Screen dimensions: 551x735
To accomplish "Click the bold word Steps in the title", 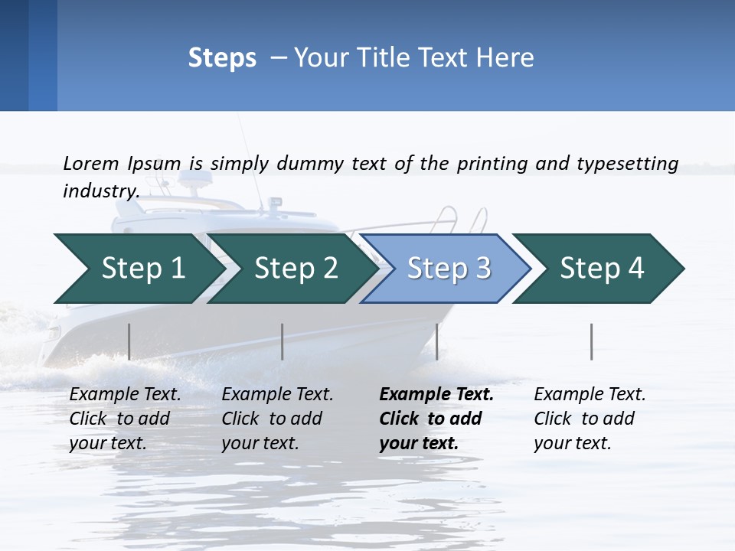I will [x=222, y=58].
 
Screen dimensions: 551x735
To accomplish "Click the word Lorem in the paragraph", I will [x=91, y=163].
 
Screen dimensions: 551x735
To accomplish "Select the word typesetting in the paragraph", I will [x=627, y=164].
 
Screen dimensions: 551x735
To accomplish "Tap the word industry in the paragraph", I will [x=100, y=191].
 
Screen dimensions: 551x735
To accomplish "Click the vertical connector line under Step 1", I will [x=129, y=341].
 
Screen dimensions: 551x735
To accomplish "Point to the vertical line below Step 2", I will [x=283, y=341].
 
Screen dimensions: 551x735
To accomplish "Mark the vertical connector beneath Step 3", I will [x=436, y=341].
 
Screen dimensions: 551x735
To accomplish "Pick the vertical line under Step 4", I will [x=592, y=341].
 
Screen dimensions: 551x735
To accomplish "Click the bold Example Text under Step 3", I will [x=436, y=395].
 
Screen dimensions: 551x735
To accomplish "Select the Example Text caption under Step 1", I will [x=125, y=395].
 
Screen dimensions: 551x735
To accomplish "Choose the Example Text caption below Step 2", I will [x=277, y=395].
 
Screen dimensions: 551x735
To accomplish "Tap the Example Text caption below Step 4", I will [x=590, y=395].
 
